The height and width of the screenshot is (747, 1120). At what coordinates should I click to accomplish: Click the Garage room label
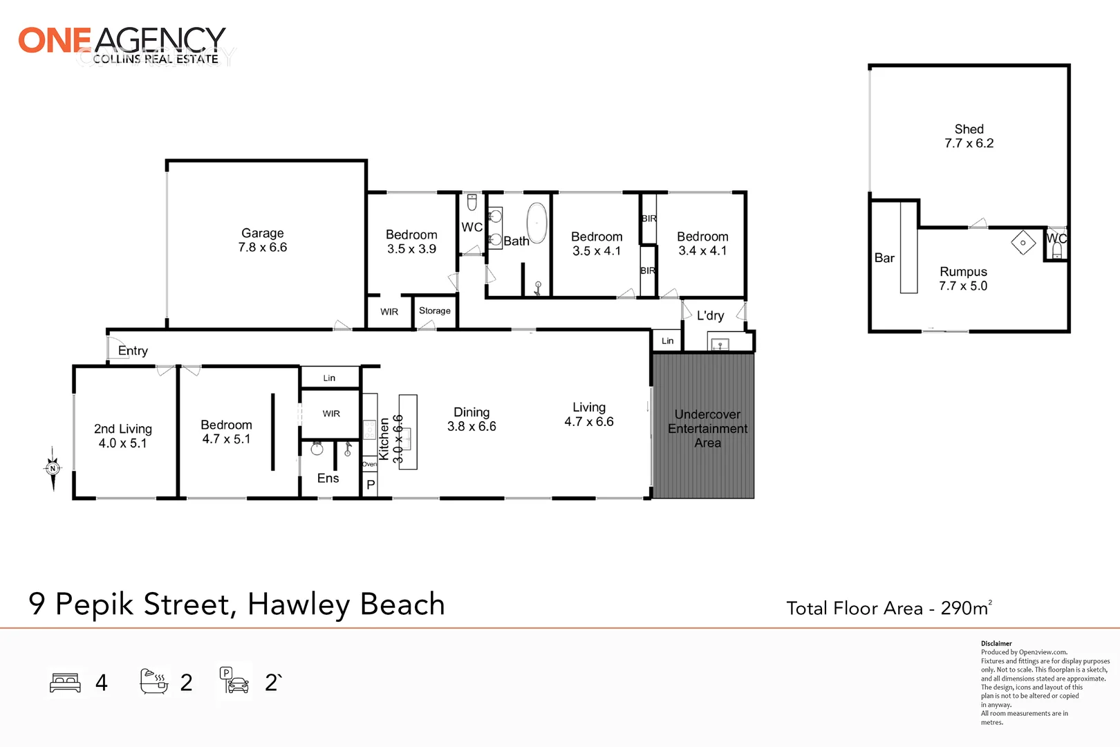[263, 240]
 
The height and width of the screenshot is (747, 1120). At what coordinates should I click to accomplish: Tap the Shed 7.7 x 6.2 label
[969, 136]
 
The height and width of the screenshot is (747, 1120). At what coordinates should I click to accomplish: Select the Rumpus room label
[963, 279]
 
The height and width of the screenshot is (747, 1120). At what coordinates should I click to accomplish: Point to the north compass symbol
[53, 468]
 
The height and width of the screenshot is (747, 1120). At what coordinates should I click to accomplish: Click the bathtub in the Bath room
[537, 223]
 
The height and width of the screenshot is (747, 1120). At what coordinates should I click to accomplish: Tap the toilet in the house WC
[472, 203]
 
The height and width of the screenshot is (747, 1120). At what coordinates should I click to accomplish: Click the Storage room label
[434, 311]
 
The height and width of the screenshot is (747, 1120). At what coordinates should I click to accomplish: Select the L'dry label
[711, 315]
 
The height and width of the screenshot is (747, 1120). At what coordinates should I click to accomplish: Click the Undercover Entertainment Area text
[707, 429]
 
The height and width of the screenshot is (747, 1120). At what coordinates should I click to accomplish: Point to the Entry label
[133, 351]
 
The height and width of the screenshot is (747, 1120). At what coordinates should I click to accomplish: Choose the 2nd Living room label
[123, 436]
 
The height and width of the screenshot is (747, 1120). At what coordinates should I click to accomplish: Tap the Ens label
[328, 479]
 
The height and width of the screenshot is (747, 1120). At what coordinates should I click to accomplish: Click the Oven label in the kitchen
[369, 464]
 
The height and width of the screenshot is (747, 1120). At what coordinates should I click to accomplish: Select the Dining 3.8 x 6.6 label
[472, 419]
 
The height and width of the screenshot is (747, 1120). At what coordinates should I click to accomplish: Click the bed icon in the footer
[65, 683]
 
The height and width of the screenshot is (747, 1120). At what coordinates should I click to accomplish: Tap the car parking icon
[234, 681]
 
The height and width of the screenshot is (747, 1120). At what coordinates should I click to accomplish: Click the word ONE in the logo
[55, 40]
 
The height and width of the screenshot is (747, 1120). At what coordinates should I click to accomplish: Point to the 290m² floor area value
[967, 607]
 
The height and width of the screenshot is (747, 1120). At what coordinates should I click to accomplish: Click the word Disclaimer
[996, 644]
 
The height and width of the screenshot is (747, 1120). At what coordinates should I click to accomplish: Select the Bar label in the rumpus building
[884, 258]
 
